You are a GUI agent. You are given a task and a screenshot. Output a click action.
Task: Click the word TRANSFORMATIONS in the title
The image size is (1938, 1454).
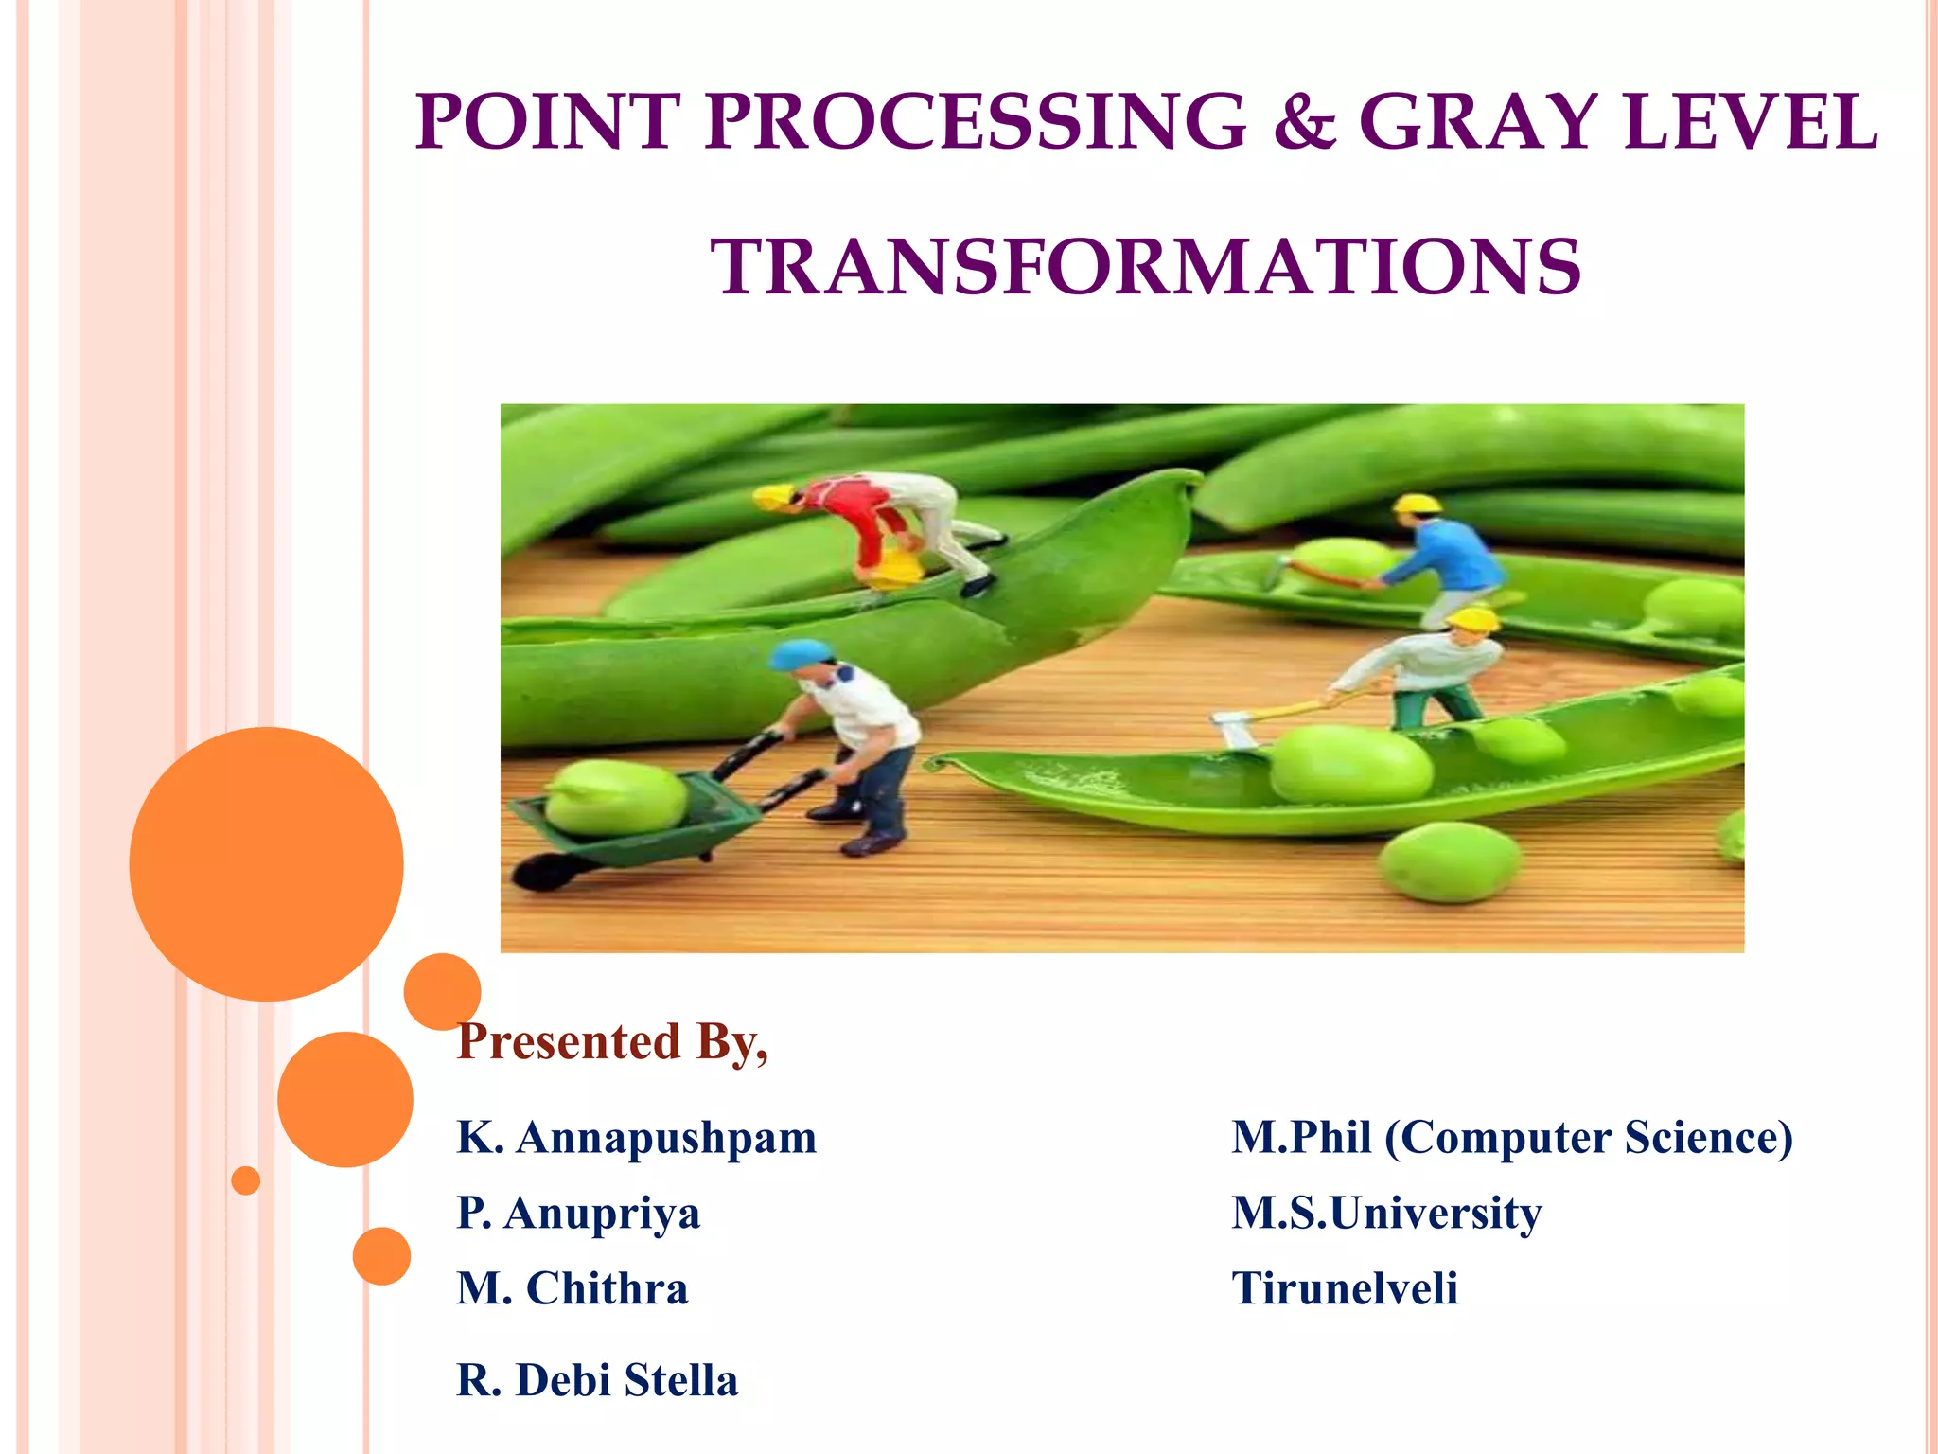[1145, 267]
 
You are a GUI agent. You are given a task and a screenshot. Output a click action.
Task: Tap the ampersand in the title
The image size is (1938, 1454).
[1303, 123]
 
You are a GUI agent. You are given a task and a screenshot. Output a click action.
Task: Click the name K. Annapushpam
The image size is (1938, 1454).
[636, 1138]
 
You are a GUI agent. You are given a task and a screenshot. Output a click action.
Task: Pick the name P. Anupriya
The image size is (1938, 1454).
[578, 1214]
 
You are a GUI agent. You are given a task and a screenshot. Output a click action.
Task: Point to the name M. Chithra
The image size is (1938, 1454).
[572, 1289]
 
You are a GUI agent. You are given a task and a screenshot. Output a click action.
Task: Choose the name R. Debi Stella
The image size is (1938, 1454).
[596, 1380]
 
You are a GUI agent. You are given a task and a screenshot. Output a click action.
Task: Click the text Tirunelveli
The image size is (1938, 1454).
[1344, 1289]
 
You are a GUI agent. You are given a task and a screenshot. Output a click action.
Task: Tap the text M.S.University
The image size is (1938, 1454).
[1385, 1214]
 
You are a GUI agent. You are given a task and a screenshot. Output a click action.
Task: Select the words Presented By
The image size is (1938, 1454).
[611, 1042]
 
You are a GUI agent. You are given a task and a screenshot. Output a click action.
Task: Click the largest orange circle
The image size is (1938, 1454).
[266, 863]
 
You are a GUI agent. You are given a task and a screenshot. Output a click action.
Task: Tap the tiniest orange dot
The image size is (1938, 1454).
[245, 1180]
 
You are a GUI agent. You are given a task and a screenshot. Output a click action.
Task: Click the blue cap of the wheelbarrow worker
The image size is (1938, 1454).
[800, 652]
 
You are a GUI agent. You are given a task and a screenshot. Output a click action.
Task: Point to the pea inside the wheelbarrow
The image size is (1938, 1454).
[615, 795]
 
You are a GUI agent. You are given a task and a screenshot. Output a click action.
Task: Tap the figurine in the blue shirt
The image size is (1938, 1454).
[1448, 559]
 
